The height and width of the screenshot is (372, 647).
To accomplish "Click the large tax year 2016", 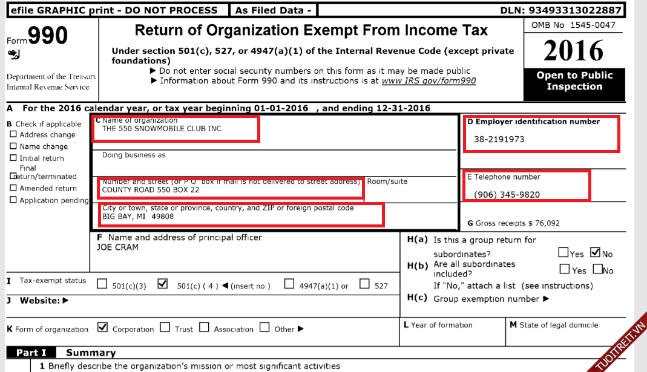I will tap(573, 51).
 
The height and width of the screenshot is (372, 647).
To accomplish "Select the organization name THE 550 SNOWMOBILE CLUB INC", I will tap(162, 129).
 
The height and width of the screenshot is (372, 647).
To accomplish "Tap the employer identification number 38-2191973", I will tap(499, 139).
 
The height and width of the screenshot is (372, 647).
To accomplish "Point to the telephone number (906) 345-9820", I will tap(507, 195).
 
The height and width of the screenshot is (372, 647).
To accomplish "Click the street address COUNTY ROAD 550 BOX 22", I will tap(150, 190).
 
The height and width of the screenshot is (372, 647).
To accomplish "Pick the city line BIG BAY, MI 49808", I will tap(138, 217).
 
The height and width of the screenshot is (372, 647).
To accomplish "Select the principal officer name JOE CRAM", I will tap(117, 247).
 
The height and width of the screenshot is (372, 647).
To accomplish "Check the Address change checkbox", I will tap(13, 135).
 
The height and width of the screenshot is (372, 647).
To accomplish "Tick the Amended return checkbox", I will tap(13, 188).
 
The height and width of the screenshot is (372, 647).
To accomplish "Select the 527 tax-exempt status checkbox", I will tap(365, 284).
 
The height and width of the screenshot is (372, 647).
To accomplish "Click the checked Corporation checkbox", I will tap(102, 328).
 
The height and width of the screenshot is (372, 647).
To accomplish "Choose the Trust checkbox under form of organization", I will tap(165, 328).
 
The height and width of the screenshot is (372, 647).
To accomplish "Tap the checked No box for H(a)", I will tap(595, 253).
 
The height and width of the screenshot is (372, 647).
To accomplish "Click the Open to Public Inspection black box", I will tap(574, 81).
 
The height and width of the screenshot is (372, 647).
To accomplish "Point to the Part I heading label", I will tap(31, 353).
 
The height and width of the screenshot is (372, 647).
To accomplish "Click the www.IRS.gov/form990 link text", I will tap(429, 81).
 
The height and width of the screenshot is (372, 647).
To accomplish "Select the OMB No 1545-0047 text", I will tap(573, 25).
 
